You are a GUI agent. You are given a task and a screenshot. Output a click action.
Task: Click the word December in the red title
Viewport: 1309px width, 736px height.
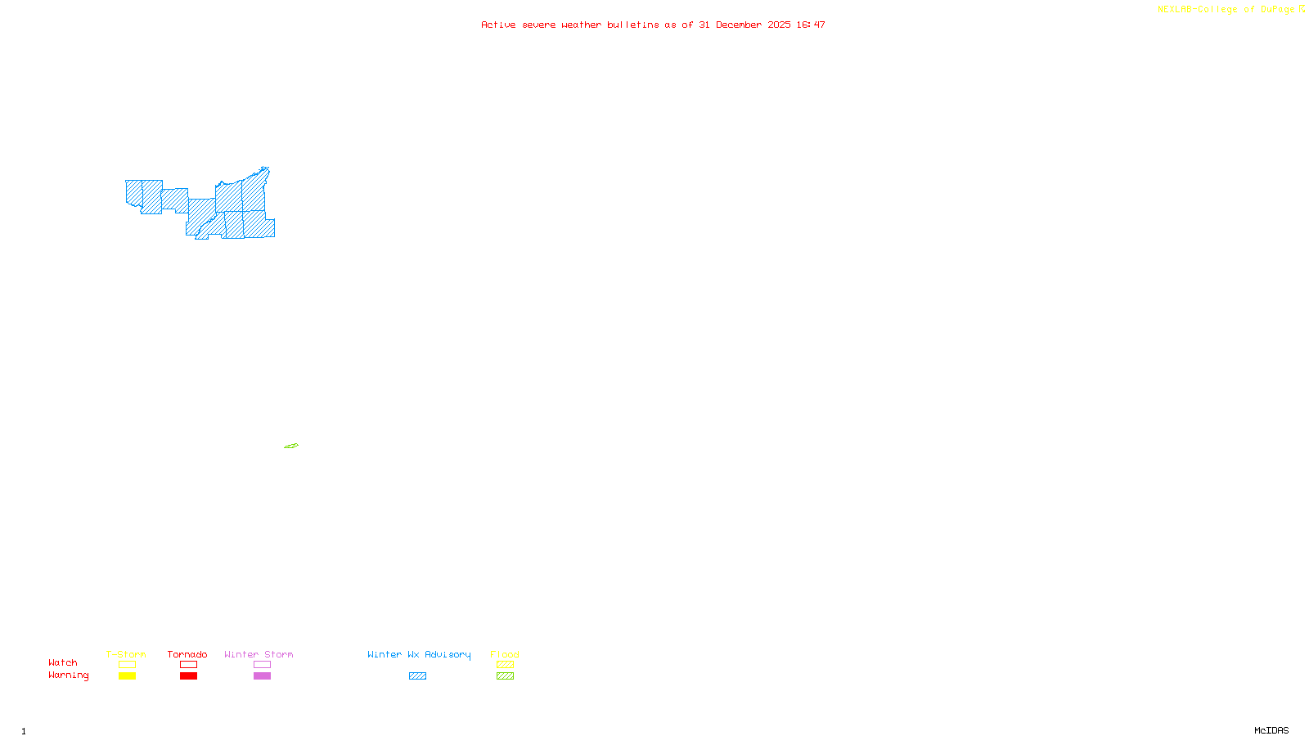pos(739,25)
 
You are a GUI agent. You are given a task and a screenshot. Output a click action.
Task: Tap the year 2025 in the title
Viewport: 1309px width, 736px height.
pos(779,25)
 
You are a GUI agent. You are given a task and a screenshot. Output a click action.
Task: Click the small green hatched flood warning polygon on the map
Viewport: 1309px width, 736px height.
pos(291,446)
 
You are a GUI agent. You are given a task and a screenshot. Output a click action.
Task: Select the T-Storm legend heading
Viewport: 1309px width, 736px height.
pos(126,654)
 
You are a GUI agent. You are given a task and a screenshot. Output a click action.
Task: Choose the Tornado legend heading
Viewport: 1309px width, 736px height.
pos(187,654)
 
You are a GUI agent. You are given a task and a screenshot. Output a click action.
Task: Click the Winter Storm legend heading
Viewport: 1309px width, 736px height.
pos(259,654)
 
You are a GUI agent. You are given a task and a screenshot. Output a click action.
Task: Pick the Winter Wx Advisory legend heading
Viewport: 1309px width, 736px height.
pos(419,654)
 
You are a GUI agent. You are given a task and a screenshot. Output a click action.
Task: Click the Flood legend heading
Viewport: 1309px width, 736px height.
pos(505,654)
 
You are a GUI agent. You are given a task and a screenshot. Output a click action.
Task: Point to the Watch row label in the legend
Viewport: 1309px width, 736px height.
pos(63,663)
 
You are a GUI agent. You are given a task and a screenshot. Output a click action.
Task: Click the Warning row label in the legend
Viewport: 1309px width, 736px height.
pos(69,675)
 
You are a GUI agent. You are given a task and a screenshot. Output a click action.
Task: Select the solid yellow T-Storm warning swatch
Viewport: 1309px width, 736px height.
pos(127,676)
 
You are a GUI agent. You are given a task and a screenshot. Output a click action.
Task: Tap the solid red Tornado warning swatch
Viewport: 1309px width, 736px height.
pos(188,676)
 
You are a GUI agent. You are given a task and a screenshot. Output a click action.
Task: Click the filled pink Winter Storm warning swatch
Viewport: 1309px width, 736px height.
pos(262,676)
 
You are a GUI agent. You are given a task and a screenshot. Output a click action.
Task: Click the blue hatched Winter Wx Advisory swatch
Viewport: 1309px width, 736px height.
pos(417,676)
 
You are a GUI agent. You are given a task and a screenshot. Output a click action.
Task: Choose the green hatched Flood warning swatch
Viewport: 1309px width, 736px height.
pos(505,676)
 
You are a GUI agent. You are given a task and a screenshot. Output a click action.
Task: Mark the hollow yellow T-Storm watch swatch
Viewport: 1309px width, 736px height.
pos(127,665)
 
